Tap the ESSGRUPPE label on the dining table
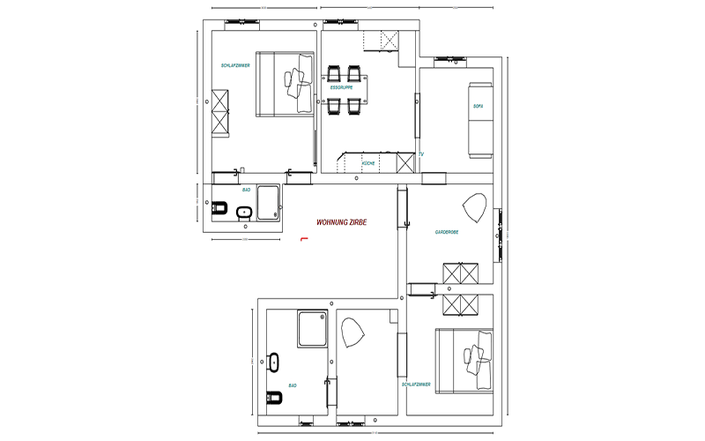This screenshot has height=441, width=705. point(342,88)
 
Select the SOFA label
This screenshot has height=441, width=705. point(479,107)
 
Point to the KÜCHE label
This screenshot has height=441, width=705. point(368,164)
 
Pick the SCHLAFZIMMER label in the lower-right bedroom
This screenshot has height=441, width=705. point(416,385)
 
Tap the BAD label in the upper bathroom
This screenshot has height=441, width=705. point(247,190)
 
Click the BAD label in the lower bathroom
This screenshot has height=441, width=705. point(292,385)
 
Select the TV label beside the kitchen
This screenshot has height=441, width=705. point(422,154)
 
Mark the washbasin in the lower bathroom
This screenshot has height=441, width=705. point(272,361)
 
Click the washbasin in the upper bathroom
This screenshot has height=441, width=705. point(244,212)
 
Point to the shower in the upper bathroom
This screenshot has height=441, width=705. point(268,203)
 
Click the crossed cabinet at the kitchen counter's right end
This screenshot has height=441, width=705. point(405,162)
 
